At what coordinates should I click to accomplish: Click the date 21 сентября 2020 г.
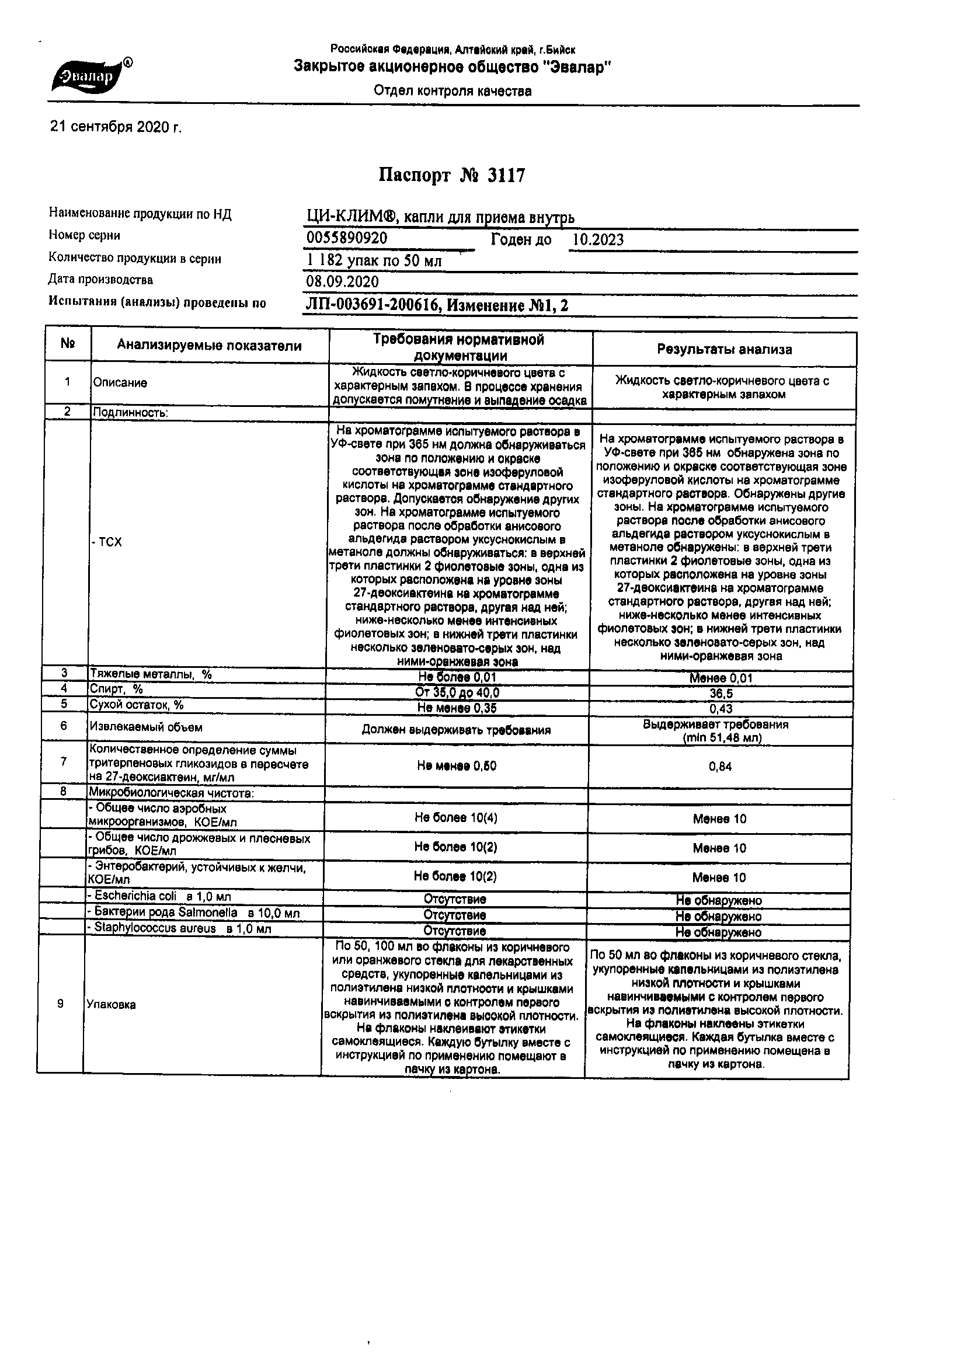[116, 127]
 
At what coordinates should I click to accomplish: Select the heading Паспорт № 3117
[452, 175]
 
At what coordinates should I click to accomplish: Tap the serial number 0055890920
[347, 238]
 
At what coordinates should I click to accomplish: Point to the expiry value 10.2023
[598, 239]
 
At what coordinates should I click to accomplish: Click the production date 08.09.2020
[342, 281]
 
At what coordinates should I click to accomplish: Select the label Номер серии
[85, 235]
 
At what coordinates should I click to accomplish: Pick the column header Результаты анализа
[725, 350]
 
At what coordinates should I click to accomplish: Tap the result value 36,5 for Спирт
[720, 694]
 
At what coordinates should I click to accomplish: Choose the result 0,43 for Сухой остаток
[721, 709]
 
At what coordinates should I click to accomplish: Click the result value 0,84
[720, 767]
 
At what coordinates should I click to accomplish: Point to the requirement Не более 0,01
[457, 677]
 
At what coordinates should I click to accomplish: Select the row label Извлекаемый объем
[146, 727]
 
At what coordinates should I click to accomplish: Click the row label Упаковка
[111, 1005]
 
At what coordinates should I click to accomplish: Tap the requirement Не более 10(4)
[456, 818]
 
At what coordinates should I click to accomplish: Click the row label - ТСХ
[107, 542]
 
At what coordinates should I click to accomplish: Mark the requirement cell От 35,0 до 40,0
[457, 692]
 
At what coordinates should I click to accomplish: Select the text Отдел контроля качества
[453, 91]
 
